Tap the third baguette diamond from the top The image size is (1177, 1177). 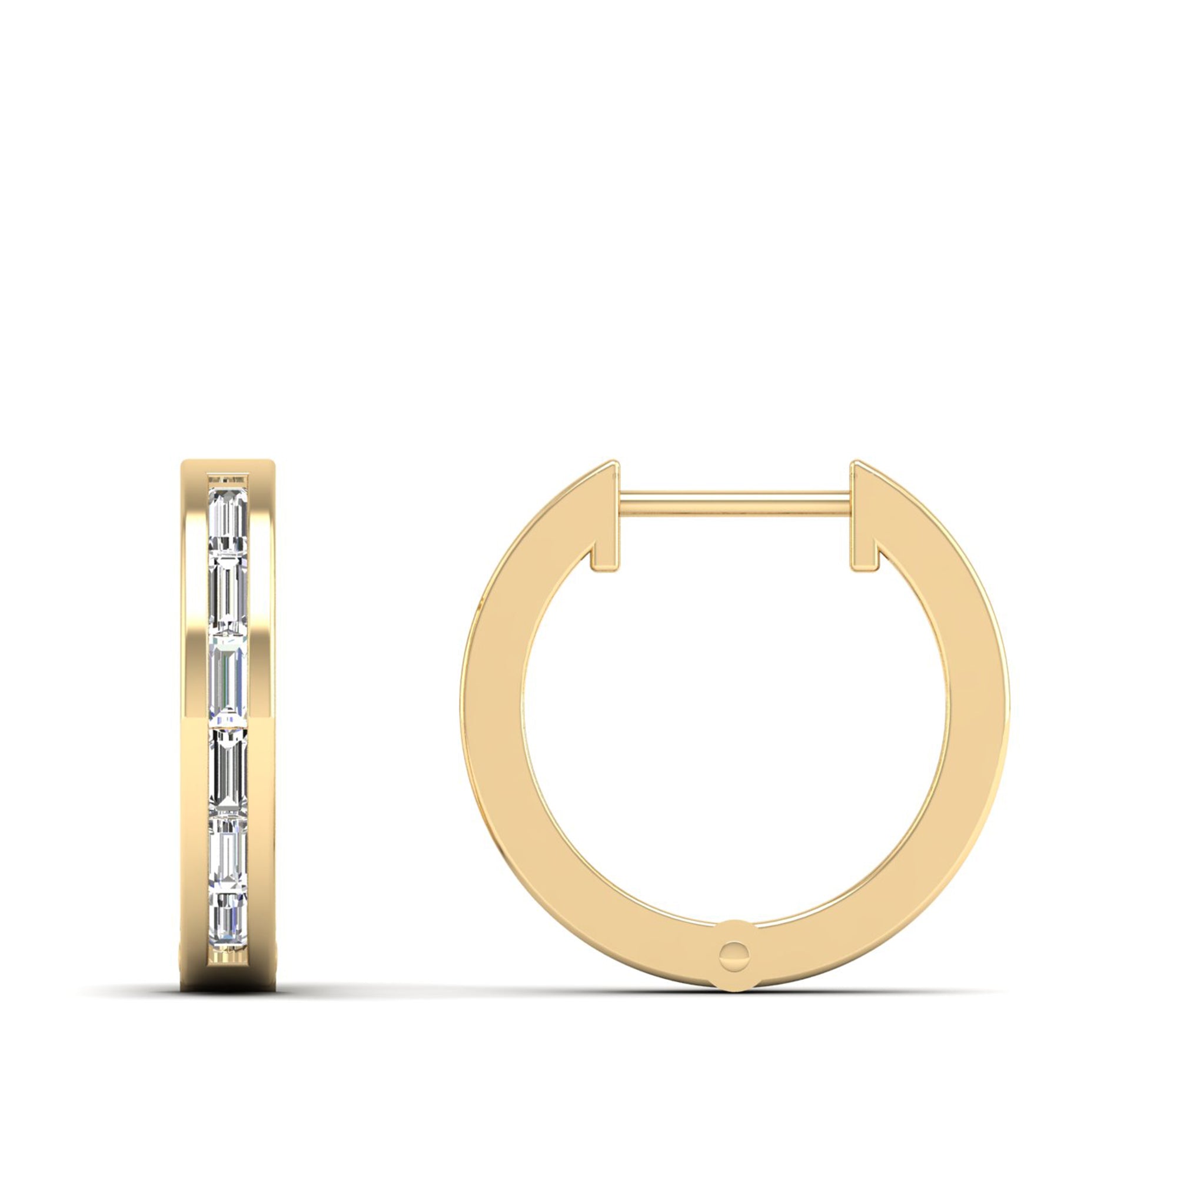pos(228,679)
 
